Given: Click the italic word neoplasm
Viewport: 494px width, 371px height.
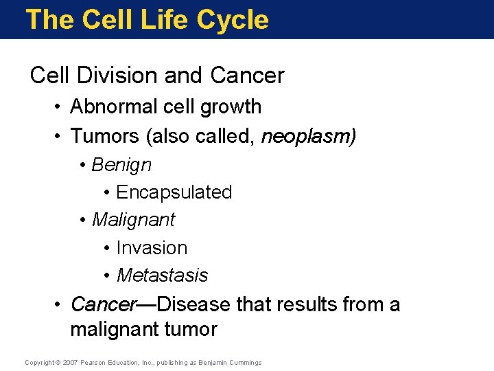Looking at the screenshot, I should (308, 137).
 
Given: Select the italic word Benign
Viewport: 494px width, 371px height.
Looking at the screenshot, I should (121, 165).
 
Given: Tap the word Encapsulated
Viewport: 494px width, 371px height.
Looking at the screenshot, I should (174, 192).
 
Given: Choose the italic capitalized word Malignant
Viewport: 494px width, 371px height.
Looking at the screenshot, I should (133, 220).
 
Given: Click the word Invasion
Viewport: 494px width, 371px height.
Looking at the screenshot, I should (152, 247).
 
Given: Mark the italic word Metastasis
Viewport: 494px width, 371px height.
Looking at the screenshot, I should (163, 276).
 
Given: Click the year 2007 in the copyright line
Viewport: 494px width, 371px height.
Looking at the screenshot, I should (70, 363).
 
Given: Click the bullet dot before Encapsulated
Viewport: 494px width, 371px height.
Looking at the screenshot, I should (108, 193).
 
